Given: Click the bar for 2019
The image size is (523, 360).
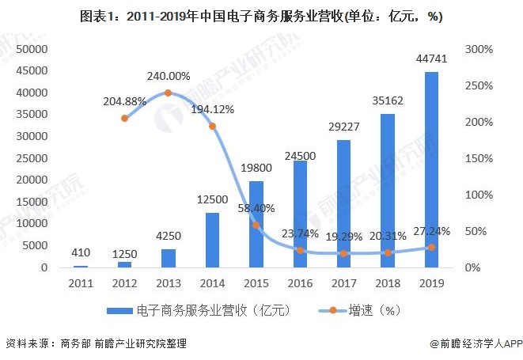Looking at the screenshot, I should tap(431, 170).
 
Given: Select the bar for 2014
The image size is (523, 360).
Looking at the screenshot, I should tap(212, 240).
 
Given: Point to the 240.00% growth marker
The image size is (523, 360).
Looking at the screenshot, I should tap(168, 93).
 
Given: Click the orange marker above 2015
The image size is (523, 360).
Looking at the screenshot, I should tap(256, 225).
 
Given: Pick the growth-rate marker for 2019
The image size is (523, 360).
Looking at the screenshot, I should tap(431, 248).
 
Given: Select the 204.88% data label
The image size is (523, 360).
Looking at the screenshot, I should tap(124, 100).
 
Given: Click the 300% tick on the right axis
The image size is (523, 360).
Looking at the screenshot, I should tap(479, 49).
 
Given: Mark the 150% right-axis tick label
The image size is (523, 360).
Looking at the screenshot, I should tap(479, 158).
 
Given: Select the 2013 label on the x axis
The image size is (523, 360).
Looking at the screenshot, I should tap(168, 282).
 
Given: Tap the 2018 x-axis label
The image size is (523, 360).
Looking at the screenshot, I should tap(388, 282).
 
